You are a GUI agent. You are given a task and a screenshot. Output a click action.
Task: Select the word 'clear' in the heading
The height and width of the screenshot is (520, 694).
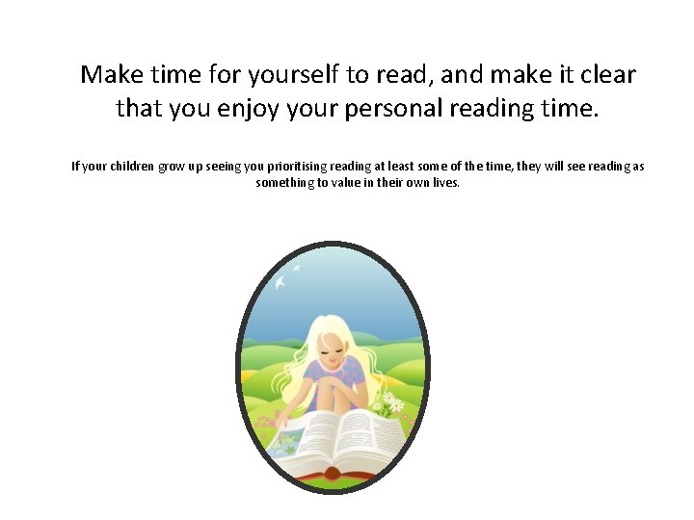608,74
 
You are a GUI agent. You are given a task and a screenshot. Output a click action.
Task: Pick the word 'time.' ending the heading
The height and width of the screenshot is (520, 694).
570,108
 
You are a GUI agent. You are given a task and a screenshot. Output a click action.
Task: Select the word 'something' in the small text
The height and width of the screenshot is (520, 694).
284,182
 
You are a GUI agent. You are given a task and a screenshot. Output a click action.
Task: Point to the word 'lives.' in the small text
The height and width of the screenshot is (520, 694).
444,182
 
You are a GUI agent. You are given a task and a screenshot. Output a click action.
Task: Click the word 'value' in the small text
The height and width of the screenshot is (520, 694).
350,182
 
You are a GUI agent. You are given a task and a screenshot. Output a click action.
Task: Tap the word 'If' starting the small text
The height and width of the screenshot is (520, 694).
75,167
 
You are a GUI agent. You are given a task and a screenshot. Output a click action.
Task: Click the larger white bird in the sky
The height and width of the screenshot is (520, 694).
280,282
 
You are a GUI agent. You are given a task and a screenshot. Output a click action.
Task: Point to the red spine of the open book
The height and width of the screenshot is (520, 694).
332,473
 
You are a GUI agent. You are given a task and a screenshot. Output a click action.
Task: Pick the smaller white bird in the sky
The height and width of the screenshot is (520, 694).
297,267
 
